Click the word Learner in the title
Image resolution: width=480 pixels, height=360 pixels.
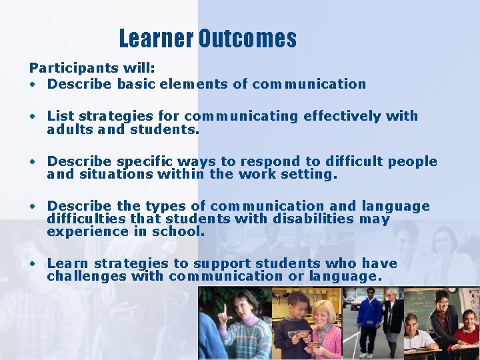point(156,39)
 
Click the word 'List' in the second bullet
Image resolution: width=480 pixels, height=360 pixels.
point(61,116)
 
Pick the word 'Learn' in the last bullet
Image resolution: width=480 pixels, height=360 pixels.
point(65,263)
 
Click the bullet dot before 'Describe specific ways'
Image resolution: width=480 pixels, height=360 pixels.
point(31,162)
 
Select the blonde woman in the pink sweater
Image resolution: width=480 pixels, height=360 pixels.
point(325,330)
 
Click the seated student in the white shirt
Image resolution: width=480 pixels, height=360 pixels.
point(417,337)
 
